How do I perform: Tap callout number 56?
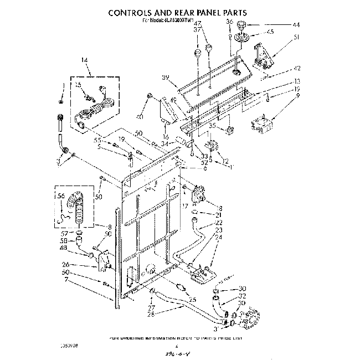click(61, 196)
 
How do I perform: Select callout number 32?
click(242, 296)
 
